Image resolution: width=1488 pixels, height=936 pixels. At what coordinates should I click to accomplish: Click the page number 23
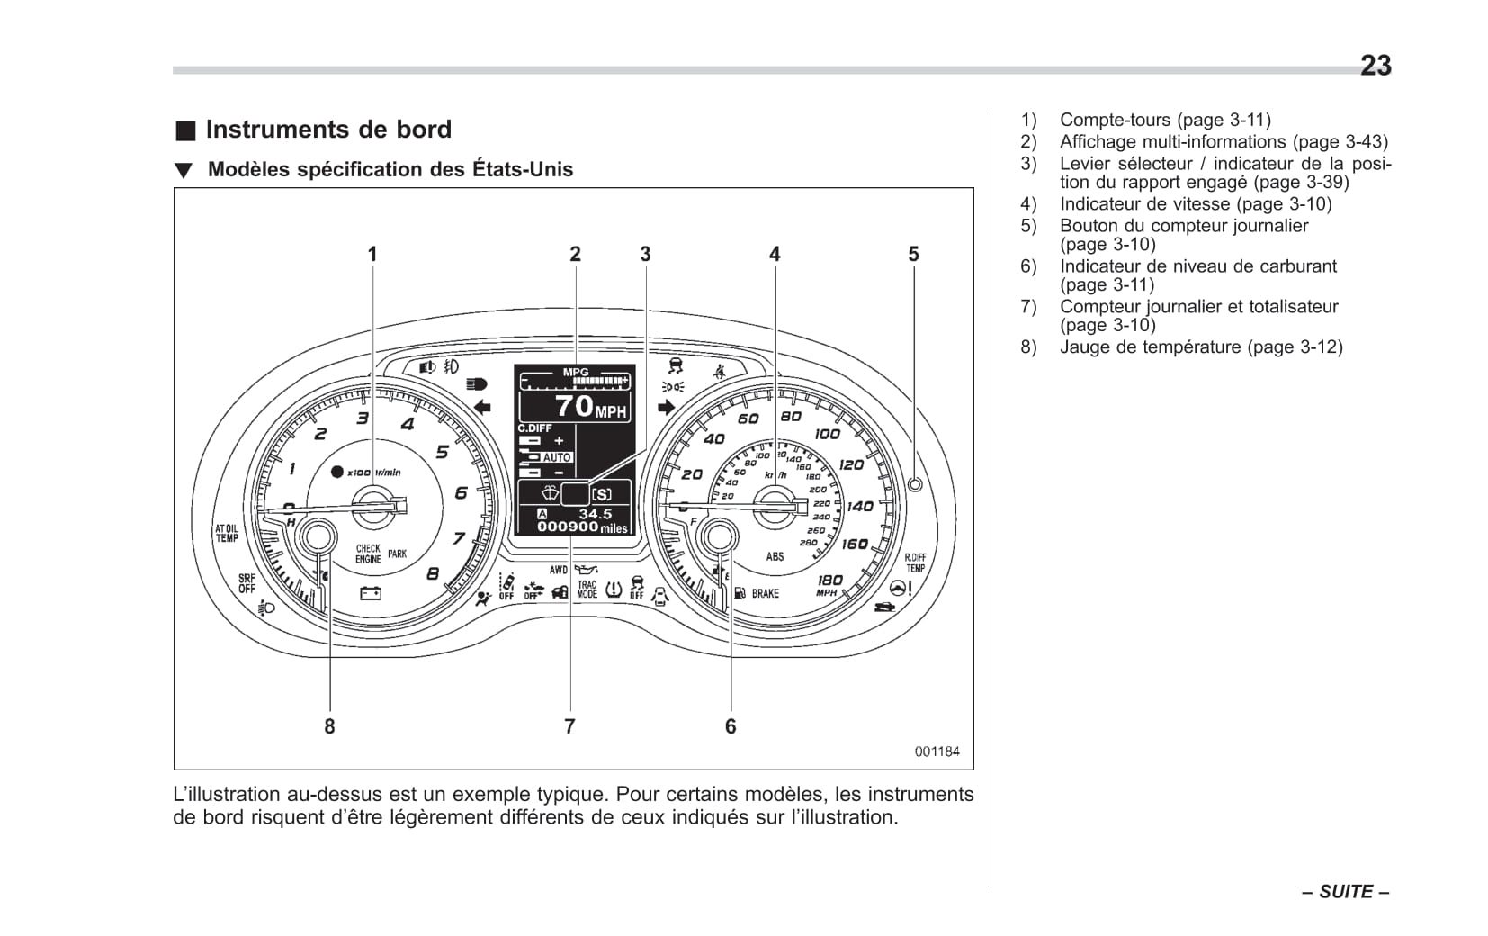point(1375,66)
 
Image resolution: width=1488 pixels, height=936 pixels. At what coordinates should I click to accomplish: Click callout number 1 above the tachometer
point(372,255)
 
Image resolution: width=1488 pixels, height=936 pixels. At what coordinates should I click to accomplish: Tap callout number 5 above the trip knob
point(913,255)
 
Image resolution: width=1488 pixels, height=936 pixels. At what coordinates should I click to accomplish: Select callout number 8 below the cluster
point(329,726)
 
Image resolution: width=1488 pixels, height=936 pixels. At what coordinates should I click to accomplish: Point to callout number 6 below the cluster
point(731,726)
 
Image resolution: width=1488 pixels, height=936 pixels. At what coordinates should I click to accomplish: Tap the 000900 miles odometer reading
point(581,527)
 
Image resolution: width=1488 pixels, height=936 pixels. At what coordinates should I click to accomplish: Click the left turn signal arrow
point(483,407)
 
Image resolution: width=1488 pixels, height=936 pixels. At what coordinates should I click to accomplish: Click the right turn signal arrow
point(666,407)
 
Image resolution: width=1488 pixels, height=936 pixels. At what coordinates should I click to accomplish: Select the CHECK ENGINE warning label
point(368,553)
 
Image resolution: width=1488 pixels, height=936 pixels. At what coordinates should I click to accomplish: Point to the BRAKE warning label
point(766,593)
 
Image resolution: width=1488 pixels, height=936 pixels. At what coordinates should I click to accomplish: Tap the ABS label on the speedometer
point(775,556)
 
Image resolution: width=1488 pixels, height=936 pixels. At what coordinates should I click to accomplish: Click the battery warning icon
point(371,593)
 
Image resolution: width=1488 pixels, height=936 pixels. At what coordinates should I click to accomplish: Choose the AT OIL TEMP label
point(226,533)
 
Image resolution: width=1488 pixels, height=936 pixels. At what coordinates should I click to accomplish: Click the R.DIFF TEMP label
point(915,562)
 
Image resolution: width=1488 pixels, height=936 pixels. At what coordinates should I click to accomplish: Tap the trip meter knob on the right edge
point(915,484)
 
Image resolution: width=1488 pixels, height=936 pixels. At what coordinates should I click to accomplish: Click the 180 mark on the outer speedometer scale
point(829,581)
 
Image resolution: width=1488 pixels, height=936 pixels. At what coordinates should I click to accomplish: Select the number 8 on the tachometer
point(433,573)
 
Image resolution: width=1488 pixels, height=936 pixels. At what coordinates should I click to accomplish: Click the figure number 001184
point(937,751)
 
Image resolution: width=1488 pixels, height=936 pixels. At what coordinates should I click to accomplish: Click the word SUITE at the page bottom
point(1346,892)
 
